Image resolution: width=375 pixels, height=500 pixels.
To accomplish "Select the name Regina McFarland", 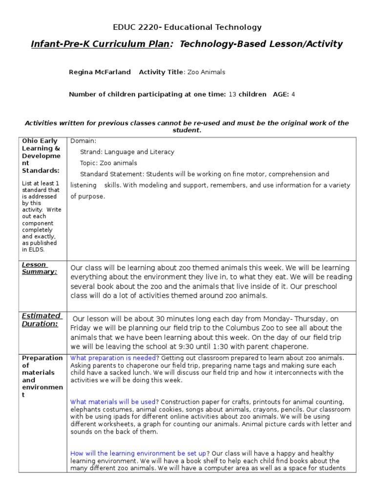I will pyautogui.click(x=100, y=72).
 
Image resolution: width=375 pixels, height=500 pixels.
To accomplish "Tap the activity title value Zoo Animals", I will pyautogui.click(x=207, y=72).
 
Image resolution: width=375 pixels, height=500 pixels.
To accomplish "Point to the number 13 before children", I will pyautogui.click(x=232, y=94).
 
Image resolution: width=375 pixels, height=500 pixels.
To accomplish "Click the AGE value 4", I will pyautogui.click(x=293, y=94).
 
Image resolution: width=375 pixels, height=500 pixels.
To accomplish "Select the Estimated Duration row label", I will pyautogui.click(x=42, y=319).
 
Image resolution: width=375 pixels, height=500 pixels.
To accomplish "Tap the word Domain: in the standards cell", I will pyautogui.click(x=83, y=141).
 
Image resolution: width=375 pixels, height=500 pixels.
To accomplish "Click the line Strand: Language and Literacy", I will pyautogui.click(x=127, y=152).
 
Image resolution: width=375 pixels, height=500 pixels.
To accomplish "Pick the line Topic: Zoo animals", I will pyautogui.click(x=108, y=163).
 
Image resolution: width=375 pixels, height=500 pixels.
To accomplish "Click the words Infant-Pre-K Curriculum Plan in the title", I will pyautogui.click(x=100, y=44).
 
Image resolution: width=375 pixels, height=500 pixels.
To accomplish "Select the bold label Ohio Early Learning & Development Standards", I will pyautogui.click(x=41, y=155).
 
